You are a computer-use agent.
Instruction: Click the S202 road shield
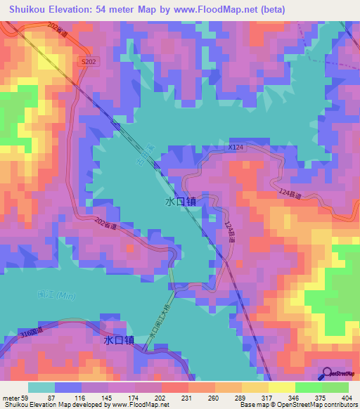coord(89,63)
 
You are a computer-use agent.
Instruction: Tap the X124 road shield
coord(236,148)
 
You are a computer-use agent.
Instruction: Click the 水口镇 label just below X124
coord(180,201)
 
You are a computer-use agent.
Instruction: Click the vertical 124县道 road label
coord(229,233)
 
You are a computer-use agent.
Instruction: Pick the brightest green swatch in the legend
coord(308,387)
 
